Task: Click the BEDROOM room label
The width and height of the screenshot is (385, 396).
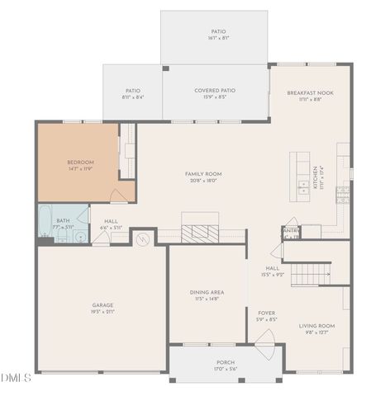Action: pyautogui.click(x=80, y=162)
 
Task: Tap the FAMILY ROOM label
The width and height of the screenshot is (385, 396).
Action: pyautogui.click(x=202, y=174)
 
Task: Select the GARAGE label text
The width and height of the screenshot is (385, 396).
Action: pyautogui.click(x=102, y=305)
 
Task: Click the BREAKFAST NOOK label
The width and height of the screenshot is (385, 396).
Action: pyautogui.click(x=310, y=93)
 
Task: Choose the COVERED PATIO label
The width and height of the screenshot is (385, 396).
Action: pyautogui.click(x=215, y=91)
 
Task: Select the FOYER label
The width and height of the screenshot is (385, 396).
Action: pyautogui.click(x=267, y=313)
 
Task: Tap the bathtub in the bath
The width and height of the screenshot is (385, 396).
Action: pyautogui.click(x=44, y=219)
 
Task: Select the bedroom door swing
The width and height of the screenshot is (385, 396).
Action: pyautogui.click(x=118, y=196)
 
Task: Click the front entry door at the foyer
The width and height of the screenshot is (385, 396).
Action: pyautogui.click(x=266, y=347)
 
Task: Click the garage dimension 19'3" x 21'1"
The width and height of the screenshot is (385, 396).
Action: pyautogui.click(x=102, y=313)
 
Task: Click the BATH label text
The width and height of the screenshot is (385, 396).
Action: pyautogui.click(x=63, y=220)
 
